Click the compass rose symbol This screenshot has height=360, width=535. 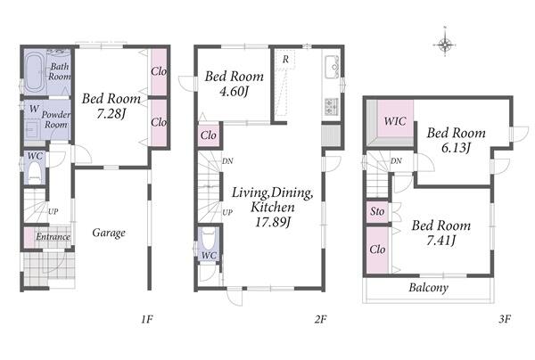coord(445,44)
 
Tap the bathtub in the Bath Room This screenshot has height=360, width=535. coord(35,72)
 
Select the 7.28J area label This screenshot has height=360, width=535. coord(111,114)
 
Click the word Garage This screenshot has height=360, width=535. coord(109,233)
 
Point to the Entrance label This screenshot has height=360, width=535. coord(53,237)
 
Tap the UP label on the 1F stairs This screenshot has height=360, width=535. coord(53,212)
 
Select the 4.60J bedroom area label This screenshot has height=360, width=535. coord(234,92)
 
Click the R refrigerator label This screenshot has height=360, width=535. coord(285,60)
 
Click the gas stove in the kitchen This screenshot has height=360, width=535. coord(332,106)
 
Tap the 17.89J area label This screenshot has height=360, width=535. coord(273,222)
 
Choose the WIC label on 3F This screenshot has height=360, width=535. coord(395,121)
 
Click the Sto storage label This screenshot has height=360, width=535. coord(377,211)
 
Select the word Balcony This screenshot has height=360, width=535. coord(429,288)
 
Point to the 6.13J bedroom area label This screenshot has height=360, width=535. coord(456,148)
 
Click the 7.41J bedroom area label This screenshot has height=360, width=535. coord(440,241)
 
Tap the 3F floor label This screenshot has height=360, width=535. coord(505,319)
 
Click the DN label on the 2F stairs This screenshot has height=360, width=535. coord(227,161)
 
